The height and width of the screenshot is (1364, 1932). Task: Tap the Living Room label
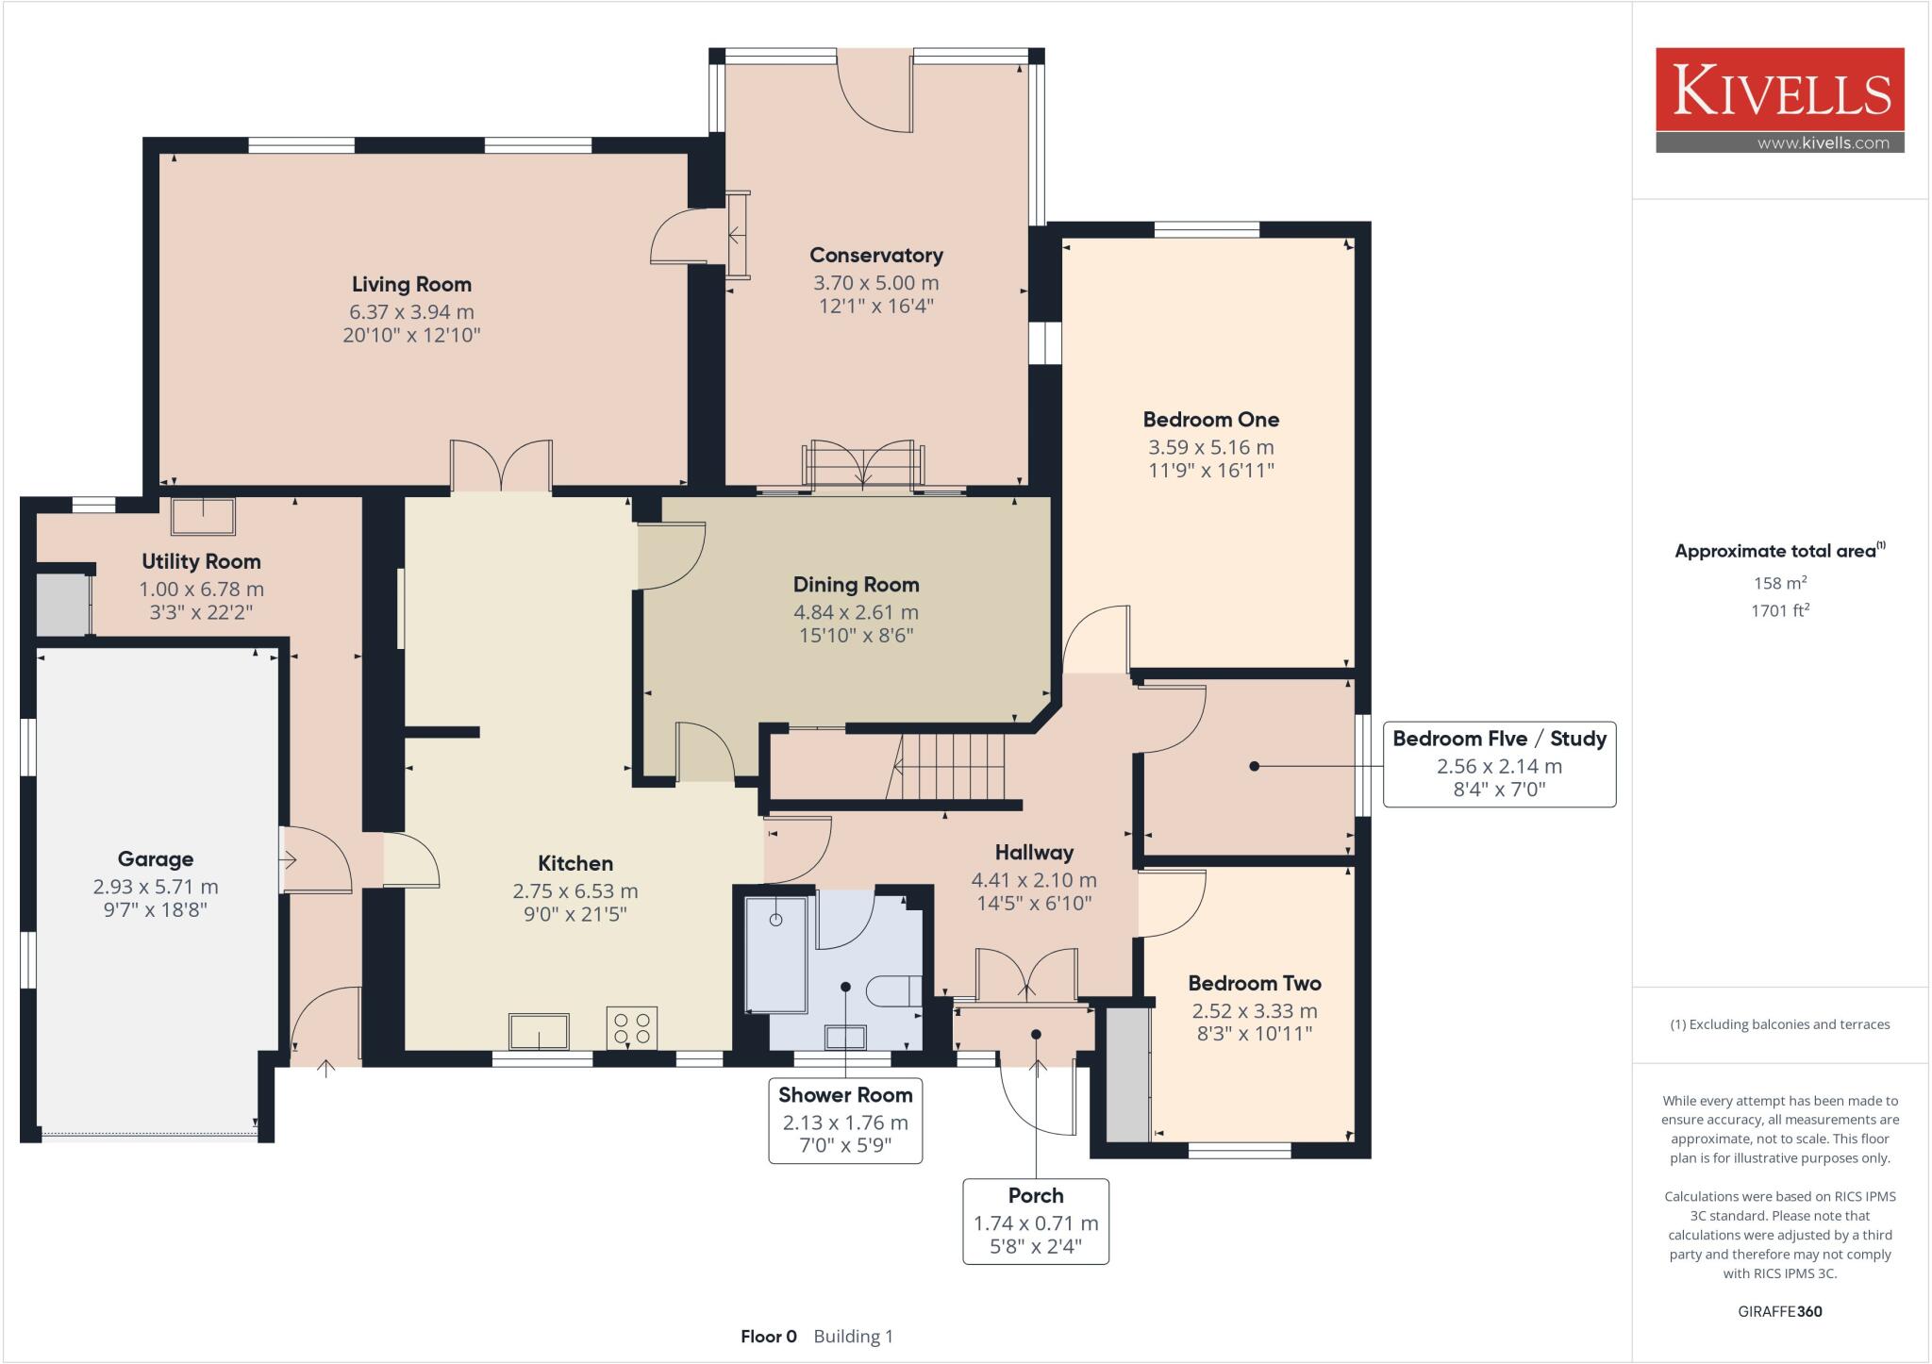coord(411,284)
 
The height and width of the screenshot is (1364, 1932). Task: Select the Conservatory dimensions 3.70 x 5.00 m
coord(875,282)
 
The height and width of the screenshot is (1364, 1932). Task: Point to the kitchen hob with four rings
coord(632,1027)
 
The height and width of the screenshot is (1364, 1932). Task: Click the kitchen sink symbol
coord(539,1031)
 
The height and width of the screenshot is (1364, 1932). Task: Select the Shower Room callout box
coord(845,1121)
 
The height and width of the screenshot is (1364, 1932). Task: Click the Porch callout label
coord(1036,1196)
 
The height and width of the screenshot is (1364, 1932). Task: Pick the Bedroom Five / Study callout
coord(1499,764)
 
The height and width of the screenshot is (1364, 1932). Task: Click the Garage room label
coord(156,859)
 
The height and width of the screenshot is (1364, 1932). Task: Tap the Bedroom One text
coord(1210,420)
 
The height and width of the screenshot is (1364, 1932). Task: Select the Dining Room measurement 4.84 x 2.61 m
coord(856,612)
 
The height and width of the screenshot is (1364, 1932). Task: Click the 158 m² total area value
coord(1779,583)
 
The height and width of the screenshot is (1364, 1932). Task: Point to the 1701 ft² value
coord(1779,610)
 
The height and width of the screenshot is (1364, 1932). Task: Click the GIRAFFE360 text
coord(1779,1311)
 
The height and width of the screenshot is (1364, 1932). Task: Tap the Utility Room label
coord(201,561)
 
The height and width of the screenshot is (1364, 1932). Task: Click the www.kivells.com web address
coord(1823,143)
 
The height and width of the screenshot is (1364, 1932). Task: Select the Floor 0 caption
coord(768,1336)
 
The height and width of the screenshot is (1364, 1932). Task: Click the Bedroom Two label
coord(1254,983)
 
